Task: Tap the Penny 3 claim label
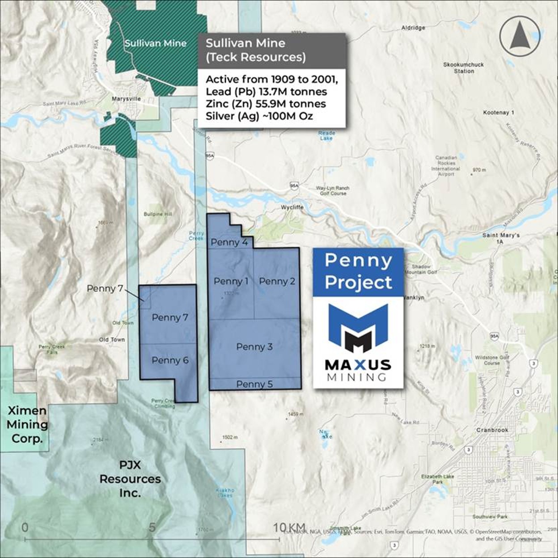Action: point(254,347)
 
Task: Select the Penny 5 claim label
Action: point(254,384)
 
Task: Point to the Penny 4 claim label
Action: point(229,242)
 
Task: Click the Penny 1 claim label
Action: point(231,281)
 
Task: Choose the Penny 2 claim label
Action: point(277,281)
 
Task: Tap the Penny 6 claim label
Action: point(170,360)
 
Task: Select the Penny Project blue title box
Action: point(358,271)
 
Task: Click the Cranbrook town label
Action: point(492,430)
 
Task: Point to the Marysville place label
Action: point(126,98)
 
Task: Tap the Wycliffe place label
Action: point(292,207)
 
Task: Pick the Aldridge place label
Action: point(413,28)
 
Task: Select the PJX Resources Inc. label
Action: point(130,479)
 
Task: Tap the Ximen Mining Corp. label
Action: point(27,424)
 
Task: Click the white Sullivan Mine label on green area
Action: point(155,43)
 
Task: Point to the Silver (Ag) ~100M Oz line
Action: point(259,115)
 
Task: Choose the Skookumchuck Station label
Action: point(464,68)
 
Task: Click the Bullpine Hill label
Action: point(157,214)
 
